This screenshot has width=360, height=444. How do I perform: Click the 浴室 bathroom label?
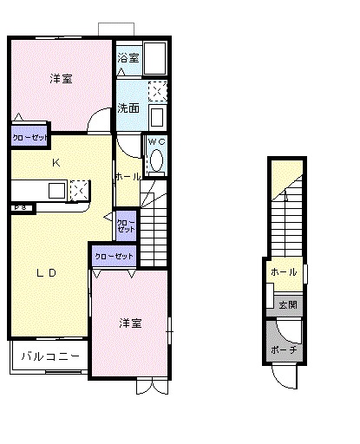tap(128, 57)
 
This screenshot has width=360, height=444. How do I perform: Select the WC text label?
tap(156, 140)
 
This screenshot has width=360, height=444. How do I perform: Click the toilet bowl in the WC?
tap(156, 160)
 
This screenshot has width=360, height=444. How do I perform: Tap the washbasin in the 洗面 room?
tap(157, 117)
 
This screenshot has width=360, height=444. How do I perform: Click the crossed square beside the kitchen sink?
tap(76, 190)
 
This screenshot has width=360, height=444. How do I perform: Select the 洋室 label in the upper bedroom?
tap(60, 79)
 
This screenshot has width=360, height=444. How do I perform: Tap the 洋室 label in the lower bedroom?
tap(130, 323)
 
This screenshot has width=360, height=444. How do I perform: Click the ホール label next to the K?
tap(128, 176)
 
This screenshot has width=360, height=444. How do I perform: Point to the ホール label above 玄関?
tap(284, 272)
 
